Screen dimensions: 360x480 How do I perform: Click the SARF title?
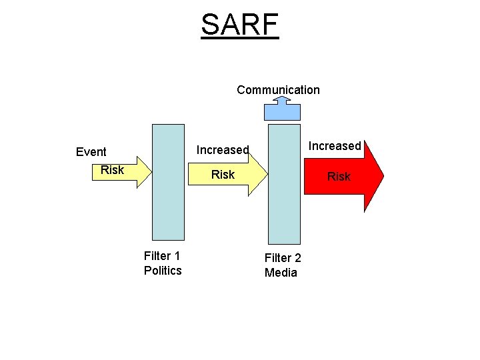[239, 25]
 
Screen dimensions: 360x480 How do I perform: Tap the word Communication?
[278, 90]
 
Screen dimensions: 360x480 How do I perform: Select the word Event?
[91, 152]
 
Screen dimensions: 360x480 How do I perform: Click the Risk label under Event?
[112, 170]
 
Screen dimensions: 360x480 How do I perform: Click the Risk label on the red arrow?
[339, 177]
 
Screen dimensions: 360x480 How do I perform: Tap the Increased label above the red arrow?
[335, 146]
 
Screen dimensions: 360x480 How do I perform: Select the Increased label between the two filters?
[223, 151]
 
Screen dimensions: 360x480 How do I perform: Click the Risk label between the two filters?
[223, 175]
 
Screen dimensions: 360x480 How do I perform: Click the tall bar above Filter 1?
[168, 181]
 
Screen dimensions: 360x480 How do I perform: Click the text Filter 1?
[162, 255]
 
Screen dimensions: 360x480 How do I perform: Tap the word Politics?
[163, 270]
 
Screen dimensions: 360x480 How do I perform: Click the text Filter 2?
[283, 258]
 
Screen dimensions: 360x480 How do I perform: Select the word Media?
[281, 273]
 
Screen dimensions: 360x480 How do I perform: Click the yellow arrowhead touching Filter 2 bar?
[257, 175]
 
